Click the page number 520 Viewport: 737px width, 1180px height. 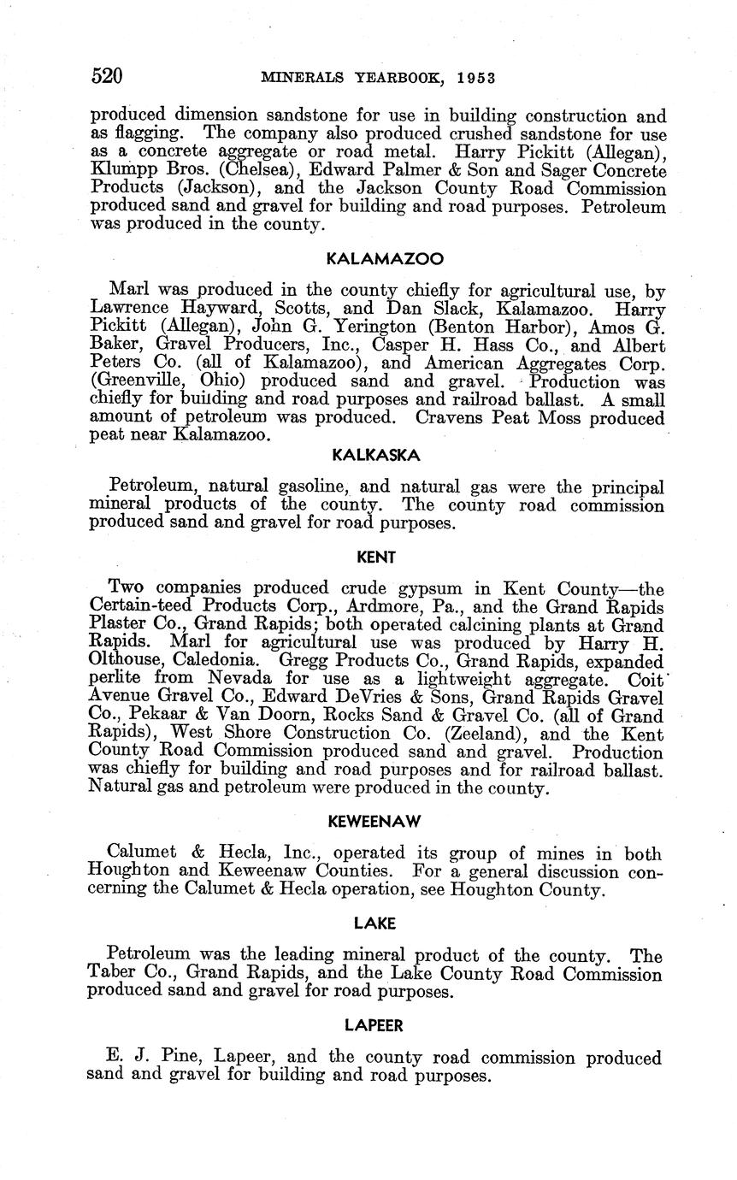(x=107, y=76)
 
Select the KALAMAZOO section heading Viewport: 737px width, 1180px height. (x=374, y=258)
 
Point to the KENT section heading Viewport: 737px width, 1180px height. (x=375, y=558)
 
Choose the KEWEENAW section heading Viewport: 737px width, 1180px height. (x=375, y=823)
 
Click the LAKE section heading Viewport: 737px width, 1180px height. (x=375, y=923)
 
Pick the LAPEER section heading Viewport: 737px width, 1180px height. (x=374, y=1024)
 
